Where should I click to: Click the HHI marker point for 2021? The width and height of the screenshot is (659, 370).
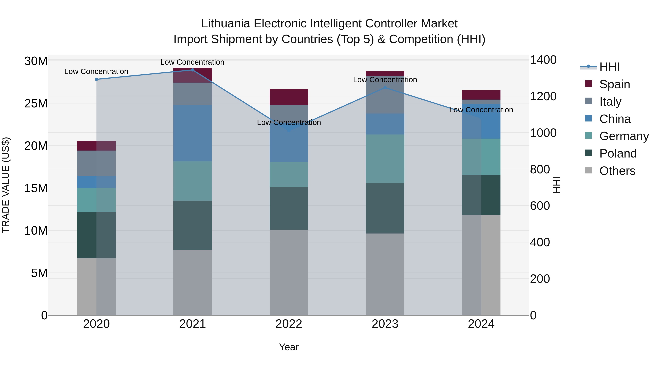click(x=193, y=70)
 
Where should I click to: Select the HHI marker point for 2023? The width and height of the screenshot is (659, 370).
click(x=385, y=88)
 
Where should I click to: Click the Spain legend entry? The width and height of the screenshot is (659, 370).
click(x=615, y=84)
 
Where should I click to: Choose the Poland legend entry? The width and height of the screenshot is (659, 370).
click(x=618, y=153)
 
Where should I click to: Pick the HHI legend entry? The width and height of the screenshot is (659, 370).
click(x=609, y=67)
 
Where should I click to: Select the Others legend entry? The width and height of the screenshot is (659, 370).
click(x=617, y=171)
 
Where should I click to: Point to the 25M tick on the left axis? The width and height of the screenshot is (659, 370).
click(x=36, y=104)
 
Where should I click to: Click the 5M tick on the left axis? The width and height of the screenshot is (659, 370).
click(x=39, y=273)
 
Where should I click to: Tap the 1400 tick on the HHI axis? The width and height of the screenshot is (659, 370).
click(x=543, y=60)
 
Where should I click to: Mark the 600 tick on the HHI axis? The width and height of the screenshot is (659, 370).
click(x=540, y=206)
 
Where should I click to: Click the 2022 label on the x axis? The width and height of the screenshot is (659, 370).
click(x=289, y=324)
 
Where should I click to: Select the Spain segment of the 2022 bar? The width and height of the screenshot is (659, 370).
click(x=289, y=97)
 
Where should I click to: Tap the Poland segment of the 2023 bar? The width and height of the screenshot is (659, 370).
click(x=385, y=208)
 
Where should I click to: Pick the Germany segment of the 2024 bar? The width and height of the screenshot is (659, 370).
click(x=481, y=157)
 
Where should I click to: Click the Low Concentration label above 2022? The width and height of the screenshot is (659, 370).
click(x=289, y=123)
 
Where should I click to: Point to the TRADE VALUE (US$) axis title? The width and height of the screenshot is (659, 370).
click(x=6, y=185)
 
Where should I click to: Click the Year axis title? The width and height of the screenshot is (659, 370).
click(x=289, y=347)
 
